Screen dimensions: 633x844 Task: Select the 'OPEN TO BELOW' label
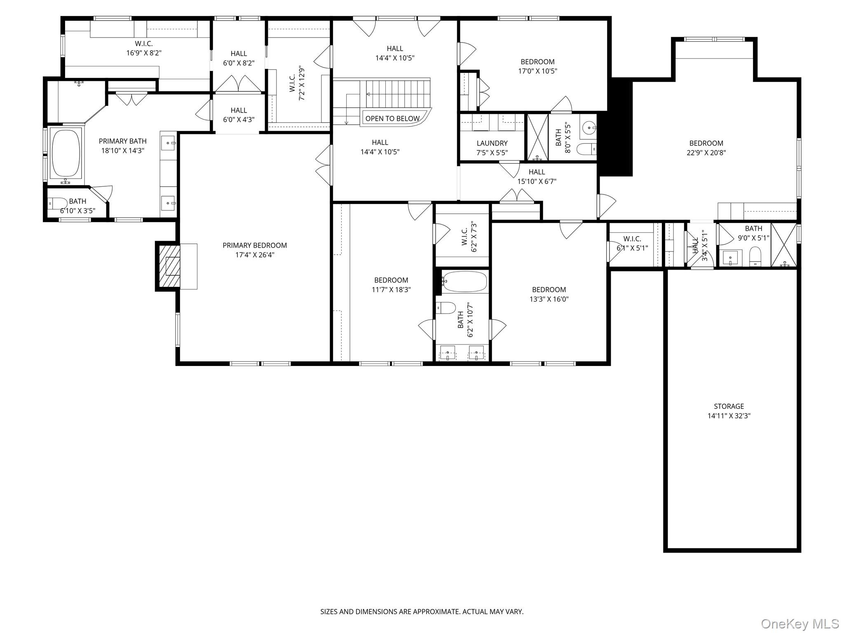tap(392, 119)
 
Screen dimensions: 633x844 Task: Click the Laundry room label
tap(492, 143)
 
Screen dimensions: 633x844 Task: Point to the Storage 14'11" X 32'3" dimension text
tap(729, 416)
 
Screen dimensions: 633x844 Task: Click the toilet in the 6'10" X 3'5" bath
tap(58, 203)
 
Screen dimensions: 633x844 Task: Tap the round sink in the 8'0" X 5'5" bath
tap(588, 128)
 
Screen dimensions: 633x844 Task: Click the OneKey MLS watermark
tap(799, 624)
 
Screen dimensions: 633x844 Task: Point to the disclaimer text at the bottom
tap(422, 612)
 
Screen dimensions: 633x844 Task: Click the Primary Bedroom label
tap(255, 245)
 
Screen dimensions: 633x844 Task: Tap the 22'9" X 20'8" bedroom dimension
tap(706, 152)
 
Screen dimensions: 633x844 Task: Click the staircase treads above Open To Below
tap(397, 94)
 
